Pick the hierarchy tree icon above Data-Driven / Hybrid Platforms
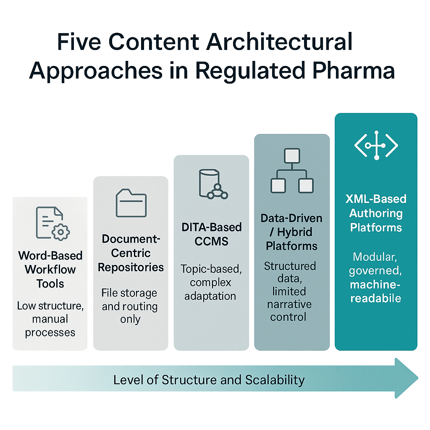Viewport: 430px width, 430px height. [292, 170]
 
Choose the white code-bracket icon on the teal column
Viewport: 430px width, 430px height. [376, 145]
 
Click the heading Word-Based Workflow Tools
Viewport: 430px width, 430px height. [50, 269]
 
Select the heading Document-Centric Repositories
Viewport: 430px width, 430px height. [131, 253]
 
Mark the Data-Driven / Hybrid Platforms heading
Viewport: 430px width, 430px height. [291, 232]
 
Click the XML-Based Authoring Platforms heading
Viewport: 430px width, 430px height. [376, 213]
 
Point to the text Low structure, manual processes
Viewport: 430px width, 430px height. [50, 319]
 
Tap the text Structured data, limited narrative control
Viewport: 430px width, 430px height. [290, 291]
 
